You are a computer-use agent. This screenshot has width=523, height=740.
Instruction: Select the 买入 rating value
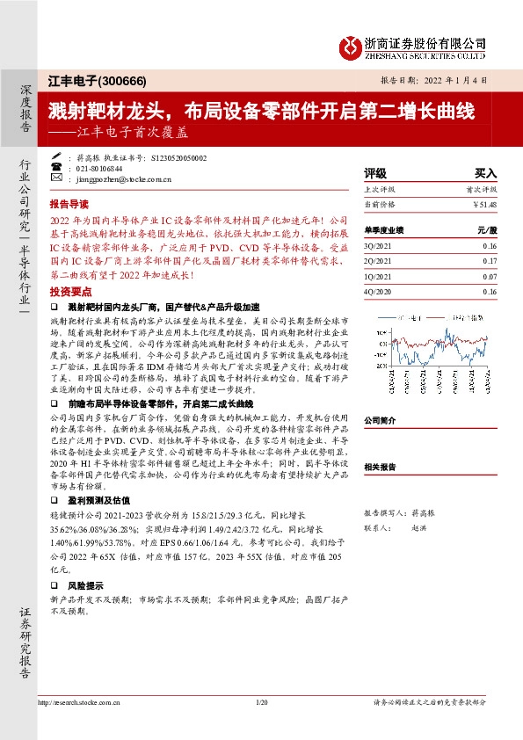pyautogui.click(x=485, y=174)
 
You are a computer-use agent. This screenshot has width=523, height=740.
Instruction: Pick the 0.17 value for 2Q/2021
pyautogui.click(x=489, y=261)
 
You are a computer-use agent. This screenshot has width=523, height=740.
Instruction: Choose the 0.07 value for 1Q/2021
pyautogui.click(x=489, y=276)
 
